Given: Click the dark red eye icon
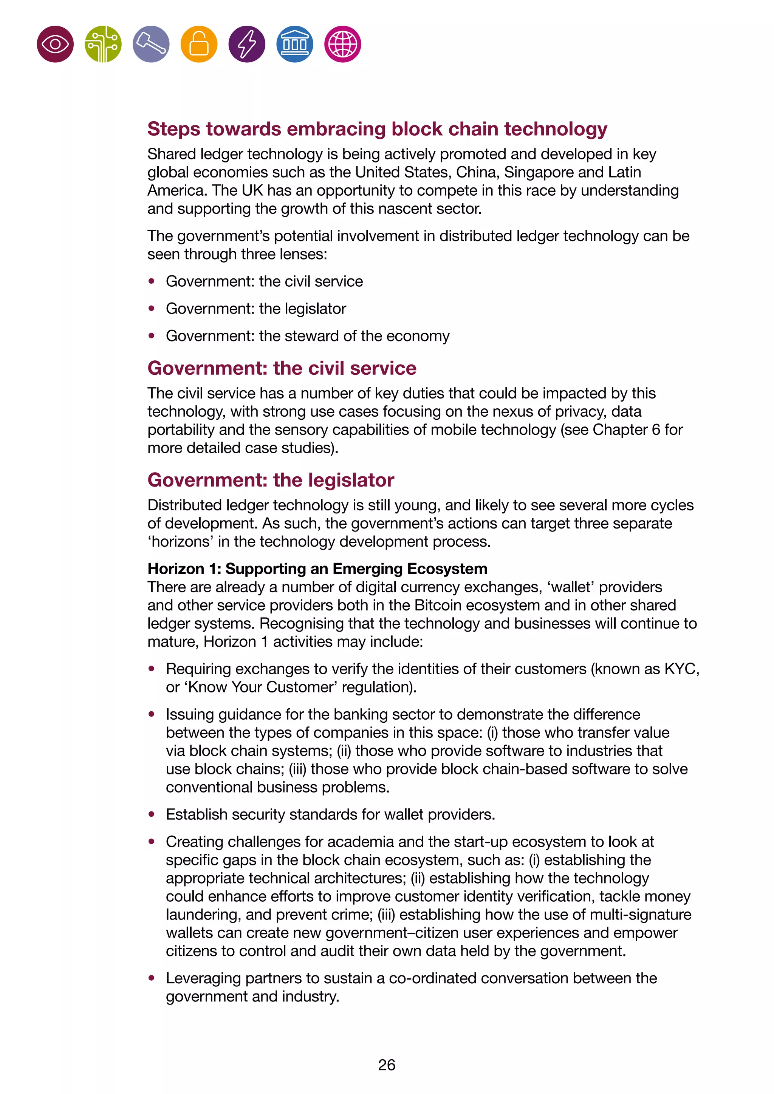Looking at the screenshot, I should [x=55, y=44].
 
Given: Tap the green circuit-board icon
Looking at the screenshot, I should [x=103, y=44].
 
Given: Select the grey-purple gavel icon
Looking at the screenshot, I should [x=151, y=44].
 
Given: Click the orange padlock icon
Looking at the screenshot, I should [x=199, y=44].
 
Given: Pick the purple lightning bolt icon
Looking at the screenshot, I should [x=247, y=44].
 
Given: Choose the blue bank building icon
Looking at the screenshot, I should [x=294, y=44].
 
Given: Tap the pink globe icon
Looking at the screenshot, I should [x=343, y=44].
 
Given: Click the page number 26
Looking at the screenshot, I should [x=387, y=1065].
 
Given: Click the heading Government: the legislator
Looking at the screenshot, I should [x=271, y=480].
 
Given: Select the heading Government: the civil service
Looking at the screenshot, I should [x=282, y=368].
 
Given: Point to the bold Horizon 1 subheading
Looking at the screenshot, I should [x=317, y=569].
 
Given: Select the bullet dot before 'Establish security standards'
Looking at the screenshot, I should [x=152, y=814].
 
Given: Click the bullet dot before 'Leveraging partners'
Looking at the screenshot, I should [x=152, y=978].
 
